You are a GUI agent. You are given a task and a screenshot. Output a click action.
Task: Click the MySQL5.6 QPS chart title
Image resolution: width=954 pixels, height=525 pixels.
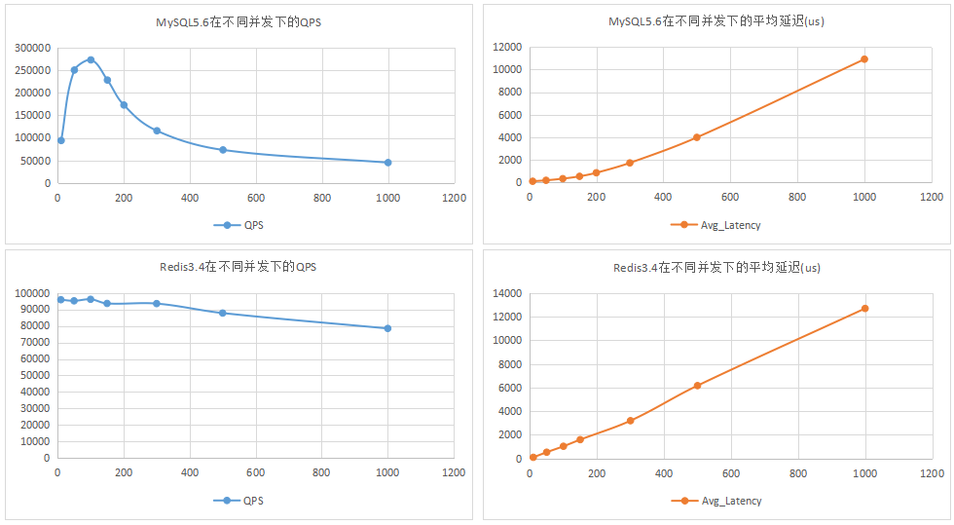(238, 21)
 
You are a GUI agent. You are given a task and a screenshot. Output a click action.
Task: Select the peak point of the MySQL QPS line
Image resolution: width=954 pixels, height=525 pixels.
(91, 59)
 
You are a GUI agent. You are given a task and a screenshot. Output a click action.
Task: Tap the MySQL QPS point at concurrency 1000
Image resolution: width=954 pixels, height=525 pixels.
(387, 163)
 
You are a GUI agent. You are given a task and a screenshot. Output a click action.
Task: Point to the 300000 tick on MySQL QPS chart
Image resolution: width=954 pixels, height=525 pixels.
(34, 48)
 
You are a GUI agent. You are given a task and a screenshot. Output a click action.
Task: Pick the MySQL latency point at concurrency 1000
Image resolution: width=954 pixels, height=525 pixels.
(863, 59)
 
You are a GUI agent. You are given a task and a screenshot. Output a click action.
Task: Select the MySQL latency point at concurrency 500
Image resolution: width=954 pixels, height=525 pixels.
(697, 137)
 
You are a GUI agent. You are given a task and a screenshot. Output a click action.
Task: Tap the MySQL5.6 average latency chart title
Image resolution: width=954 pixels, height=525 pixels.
(716, 21)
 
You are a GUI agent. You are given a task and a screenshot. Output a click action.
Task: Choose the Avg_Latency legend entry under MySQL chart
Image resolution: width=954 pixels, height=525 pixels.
(716, 225)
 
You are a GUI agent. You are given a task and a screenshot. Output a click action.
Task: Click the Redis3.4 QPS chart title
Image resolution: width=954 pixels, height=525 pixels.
(238, 267)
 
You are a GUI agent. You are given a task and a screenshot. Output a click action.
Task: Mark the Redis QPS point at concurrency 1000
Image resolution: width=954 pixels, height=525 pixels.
(387, 328)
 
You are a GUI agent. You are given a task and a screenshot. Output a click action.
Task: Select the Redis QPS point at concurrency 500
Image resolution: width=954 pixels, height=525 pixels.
(223, 313)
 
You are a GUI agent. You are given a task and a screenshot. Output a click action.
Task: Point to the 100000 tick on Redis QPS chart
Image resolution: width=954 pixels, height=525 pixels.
(34, 293)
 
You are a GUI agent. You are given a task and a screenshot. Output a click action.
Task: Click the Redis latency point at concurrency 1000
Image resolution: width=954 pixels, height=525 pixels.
(864, 309)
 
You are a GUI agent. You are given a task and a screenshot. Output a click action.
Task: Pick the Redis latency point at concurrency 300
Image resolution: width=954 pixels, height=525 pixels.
(630, 421)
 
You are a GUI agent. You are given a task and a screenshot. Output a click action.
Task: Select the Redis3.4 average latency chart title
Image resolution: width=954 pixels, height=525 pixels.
(716, 267)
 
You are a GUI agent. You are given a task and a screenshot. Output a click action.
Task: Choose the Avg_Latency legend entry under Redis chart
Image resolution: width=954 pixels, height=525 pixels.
(717, 501)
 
